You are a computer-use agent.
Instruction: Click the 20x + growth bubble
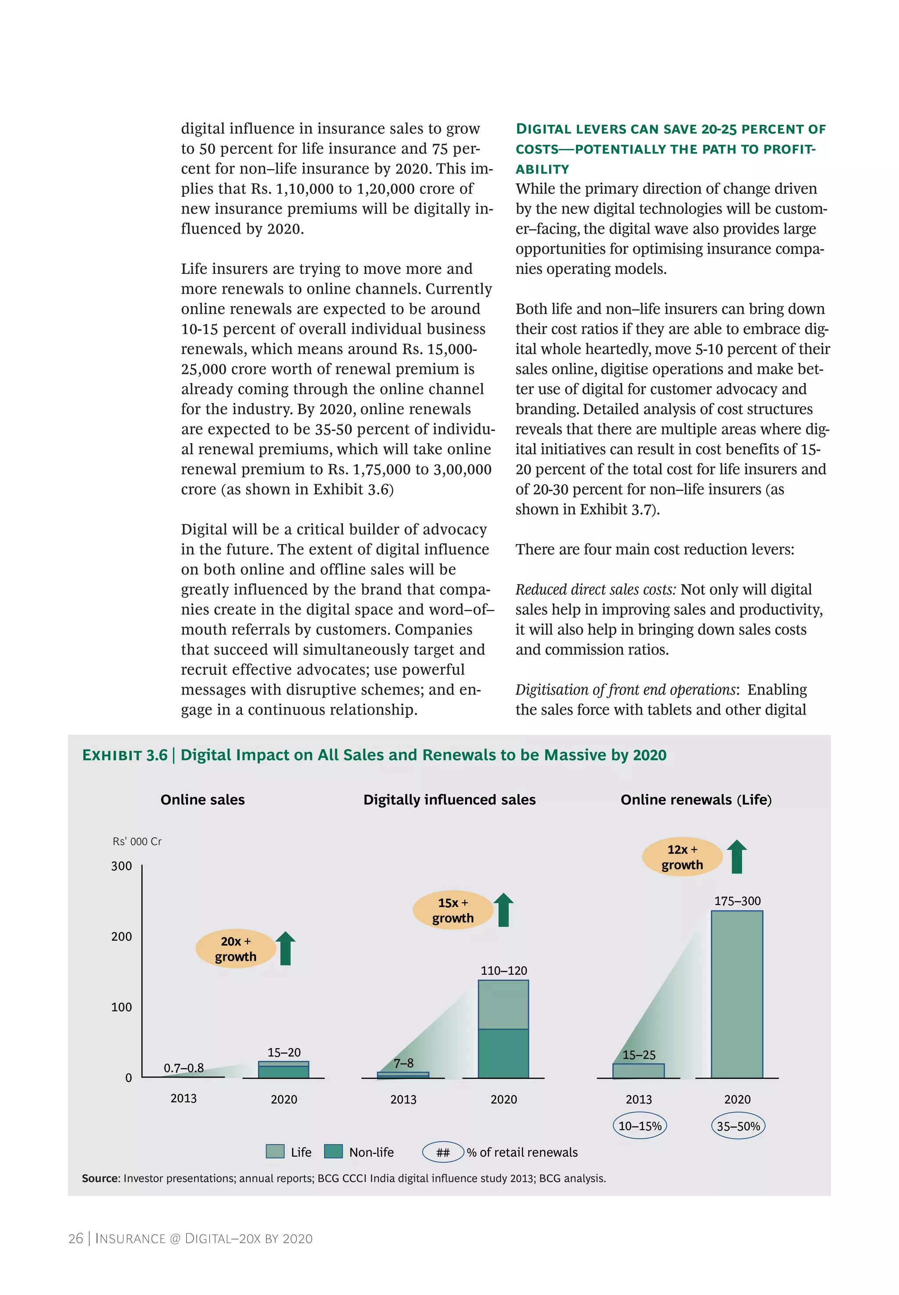[235, 948]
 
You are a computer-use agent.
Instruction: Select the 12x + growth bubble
[682, 857]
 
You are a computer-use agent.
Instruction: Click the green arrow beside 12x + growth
[736, 857]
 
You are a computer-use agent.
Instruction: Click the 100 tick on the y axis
[121, 1007]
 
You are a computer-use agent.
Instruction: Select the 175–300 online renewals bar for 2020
[736, 994]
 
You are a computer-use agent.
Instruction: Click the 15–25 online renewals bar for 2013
[638, 1071]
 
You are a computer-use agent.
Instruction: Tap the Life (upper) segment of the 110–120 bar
[503, 1004]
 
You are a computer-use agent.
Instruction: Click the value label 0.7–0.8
[183, 1068]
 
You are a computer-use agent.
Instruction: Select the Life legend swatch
[275, 1151]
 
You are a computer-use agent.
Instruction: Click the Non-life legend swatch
[334, 1151]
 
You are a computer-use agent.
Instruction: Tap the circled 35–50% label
[738, 1126]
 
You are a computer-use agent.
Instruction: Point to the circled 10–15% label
[639, 1126]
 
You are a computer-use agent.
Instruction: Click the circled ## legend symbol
[443, 1152]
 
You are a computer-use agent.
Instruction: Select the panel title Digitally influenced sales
[449, 799]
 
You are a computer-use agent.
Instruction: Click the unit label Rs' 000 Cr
[137, 841]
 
